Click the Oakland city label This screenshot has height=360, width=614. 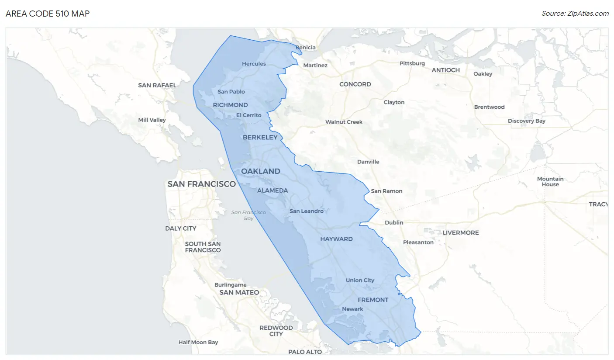[261, 171]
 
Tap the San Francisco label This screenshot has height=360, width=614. [201, 184]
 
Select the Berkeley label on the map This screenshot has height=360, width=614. [260, 137]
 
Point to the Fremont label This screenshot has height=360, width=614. [373, 300]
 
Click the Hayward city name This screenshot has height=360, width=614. [336, 239]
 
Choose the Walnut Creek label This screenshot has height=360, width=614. [344, 122]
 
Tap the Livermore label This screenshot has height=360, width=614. [461, 232]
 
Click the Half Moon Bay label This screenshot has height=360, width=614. [198, 343]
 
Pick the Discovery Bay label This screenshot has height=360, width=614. [527, 121]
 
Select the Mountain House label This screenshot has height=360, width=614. [550, 181]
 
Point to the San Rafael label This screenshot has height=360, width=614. [157, 85]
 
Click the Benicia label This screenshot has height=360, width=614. [305, 48]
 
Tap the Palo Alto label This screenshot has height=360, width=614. [305, 352]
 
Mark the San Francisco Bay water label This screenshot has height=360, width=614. [248, 215]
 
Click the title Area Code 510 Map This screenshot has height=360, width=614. [48, 14]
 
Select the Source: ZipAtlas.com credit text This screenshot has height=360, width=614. [575, 14]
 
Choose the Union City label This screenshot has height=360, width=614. [360, 280]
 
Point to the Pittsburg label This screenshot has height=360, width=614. [412, 63]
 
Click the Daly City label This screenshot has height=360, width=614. [181, 228]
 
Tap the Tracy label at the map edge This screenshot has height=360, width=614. [598, 204]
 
